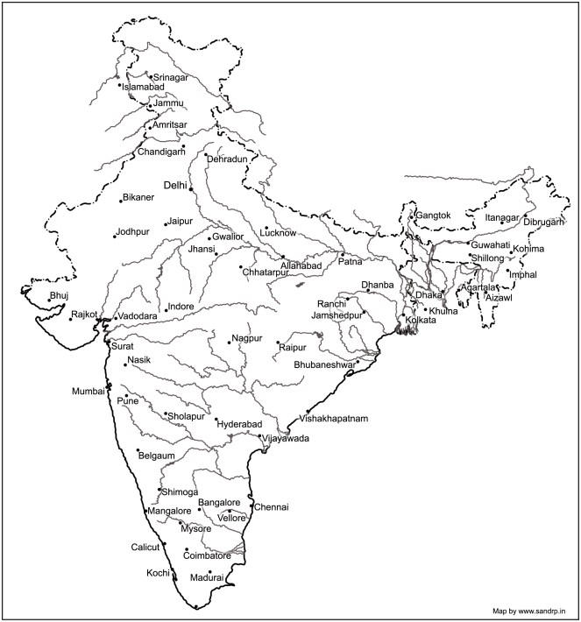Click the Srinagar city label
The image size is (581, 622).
(171, 78)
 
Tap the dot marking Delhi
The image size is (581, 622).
(191, 188)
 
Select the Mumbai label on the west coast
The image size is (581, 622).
(89, 392)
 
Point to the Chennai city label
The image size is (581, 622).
(272, 507)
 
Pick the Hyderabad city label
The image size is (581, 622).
(240, 423)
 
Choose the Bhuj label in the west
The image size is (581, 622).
(59, 296)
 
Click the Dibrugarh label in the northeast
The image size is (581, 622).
(545, 223)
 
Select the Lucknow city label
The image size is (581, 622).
(279, 233)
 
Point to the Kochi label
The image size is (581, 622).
(159, 574)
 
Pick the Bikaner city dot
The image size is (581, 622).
(121, 201)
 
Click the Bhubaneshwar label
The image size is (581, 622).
(324, 364)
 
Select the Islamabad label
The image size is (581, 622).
(142, 88)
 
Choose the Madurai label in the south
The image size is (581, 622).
(208, 579)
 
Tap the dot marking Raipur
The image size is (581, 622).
(278, 343)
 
